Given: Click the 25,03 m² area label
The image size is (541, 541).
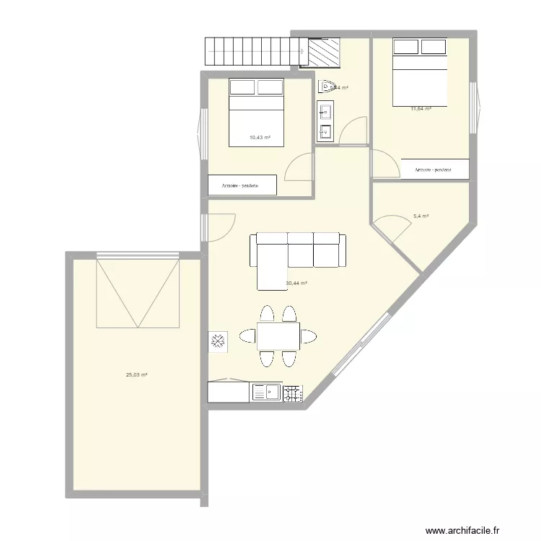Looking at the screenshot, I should pos(136,375).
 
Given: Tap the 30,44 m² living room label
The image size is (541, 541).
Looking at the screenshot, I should pos(296,283).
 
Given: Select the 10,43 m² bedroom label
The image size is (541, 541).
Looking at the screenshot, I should pos(260,137).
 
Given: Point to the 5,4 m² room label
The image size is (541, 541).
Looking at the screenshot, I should pos(421,216).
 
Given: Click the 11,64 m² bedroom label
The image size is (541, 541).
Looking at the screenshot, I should pos(421,108).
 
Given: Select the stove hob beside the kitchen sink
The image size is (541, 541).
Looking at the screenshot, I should pos(292,393).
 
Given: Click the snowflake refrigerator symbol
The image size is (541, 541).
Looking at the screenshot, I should pos(218,342).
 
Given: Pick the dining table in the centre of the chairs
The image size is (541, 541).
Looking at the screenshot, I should pos(278,336).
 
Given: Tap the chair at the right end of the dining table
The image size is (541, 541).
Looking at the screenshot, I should pos(309,336).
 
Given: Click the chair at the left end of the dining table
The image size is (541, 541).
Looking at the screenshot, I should pos(247,336).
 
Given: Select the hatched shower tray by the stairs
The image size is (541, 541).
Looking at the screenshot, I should pos(322,52).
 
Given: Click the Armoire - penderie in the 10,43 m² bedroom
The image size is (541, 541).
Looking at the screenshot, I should pos(242,185).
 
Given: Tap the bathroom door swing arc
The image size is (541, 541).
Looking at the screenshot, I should pos(350,130).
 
